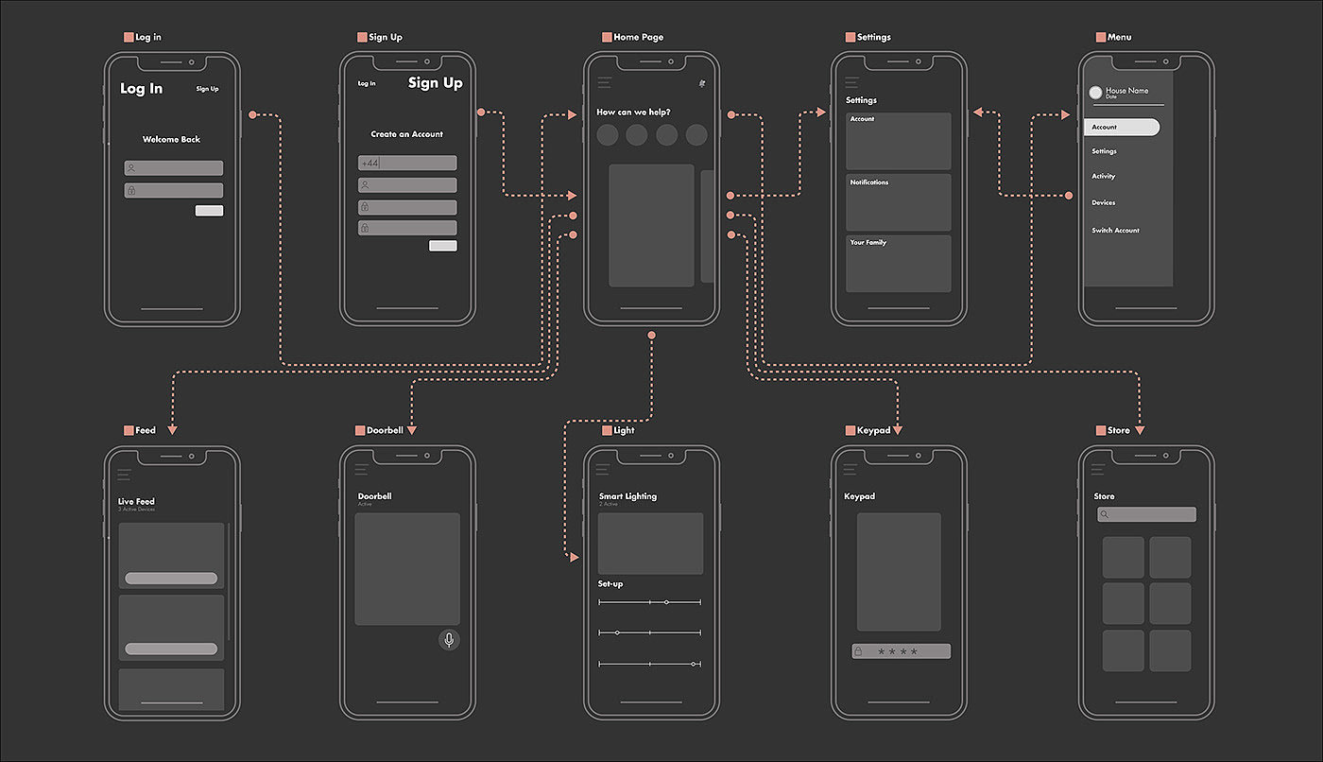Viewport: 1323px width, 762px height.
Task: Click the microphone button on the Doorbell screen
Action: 449,640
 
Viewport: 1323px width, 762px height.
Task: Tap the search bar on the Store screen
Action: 1146,514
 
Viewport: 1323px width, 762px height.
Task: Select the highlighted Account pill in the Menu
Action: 1122,127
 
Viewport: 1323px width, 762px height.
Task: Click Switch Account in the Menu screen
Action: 1115,231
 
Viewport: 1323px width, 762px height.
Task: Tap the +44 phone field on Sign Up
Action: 407,163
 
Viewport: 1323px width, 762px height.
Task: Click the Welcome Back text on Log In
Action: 171,139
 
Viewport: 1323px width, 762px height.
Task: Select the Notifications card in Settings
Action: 898,202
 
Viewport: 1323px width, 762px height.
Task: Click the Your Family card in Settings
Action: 898,263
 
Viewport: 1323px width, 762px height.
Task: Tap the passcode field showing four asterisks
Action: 901,651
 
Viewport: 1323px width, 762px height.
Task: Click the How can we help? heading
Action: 633,113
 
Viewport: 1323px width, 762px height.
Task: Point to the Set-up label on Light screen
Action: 610,583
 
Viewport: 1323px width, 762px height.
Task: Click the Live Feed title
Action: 136,501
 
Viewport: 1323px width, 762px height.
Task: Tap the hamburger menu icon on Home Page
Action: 604,83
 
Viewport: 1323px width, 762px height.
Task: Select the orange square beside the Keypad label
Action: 850,431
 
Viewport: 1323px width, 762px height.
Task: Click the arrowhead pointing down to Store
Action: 1140,430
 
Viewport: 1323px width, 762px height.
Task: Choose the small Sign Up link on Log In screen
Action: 207,89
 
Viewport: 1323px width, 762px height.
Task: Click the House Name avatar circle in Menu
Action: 1095,92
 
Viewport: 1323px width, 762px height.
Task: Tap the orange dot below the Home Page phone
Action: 651,336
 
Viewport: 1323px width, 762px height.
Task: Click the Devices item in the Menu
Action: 1103,202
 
